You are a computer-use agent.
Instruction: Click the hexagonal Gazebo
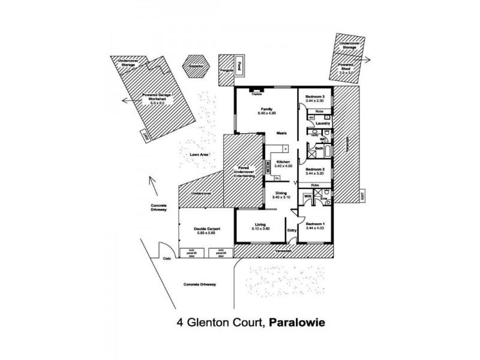click(196, 67)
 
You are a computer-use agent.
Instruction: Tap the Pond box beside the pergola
click(239, 66)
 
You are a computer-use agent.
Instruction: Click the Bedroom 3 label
click(314, 97)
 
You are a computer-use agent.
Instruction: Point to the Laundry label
click(323, 123)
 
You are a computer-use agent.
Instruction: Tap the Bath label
click(319, 148)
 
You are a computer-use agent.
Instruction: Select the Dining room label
click(280, 193)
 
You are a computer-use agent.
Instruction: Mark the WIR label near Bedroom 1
click(307, 196)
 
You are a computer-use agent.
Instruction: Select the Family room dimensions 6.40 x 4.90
click(266, 113)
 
